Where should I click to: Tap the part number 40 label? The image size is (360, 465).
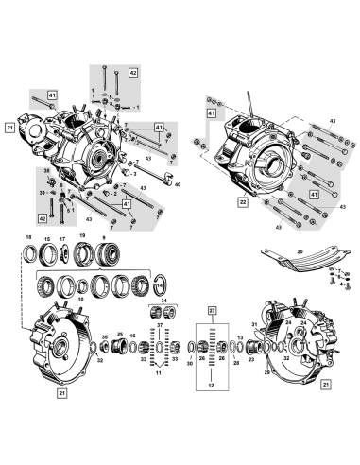tap(176, 185)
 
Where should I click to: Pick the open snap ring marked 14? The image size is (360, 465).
tap(161, 282)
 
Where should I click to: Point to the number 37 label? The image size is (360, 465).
tap(160, 325)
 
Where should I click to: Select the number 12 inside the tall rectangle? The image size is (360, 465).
tap(212, 385)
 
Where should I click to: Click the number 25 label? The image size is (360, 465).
tap(121, 334)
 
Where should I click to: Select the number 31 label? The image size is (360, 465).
tap(254, 324)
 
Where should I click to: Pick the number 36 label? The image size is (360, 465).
tap(104, 336)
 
